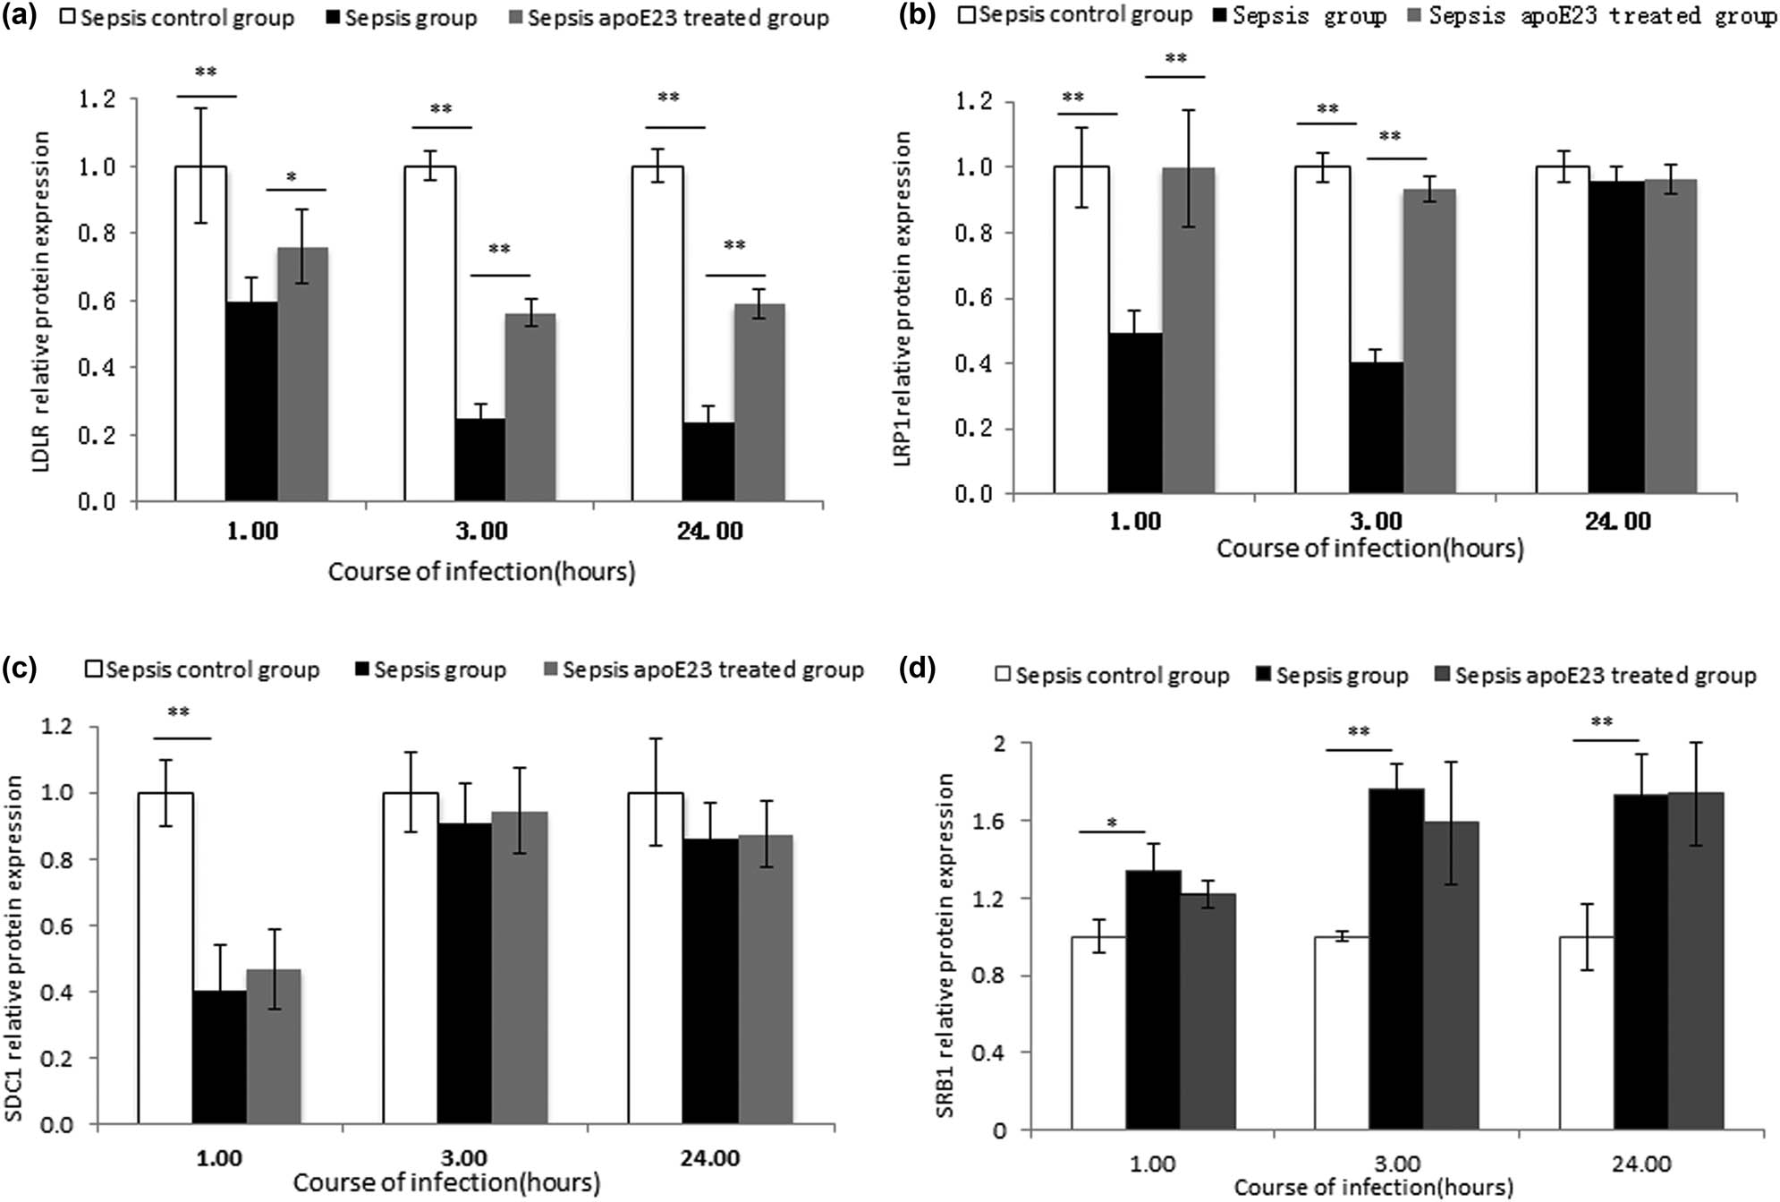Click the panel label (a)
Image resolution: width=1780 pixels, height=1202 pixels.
point(20,16)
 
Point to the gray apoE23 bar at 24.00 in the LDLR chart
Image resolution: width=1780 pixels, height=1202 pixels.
point(759,402)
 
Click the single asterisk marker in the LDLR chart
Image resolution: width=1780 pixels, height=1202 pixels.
point(292,178)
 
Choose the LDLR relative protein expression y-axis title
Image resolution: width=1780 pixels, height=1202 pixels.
point(40,302)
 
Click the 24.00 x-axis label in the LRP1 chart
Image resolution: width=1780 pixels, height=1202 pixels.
point(1618,521)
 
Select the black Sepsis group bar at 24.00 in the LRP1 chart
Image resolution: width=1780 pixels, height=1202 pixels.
point(1617,337)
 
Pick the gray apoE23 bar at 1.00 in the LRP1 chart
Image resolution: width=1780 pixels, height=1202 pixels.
point(1189,330)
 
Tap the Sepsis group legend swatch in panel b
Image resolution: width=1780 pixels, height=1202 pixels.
point(1220,16)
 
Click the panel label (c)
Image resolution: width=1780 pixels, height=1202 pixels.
point(20,669)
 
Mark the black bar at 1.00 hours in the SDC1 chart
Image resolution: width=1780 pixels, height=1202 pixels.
point(219,1057)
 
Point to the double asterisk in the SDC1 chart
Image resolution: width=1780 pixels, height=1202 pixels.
point(179,712)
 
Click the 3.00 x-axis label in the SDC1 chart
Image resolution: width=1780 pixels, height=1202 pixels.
point(464,1158)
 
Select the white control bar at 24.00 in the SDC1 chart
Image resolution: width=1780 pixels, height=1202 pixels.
point(656,958)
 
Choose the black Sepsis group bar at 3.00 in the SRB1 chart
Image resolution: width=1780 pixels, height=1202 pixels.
point(1396,959)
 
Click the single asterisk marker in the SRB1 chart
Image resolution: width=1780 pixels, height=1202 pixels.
point(1112,823)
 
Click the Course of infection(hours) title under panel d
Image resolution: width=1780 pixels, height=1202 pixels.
point(1374,1188)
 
